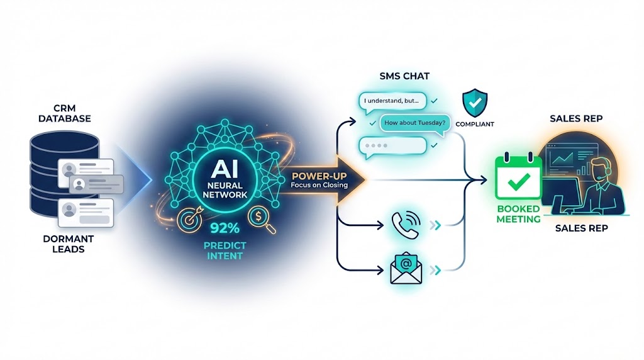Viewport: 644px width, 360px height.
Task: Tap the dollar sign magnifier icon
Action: (259, 217)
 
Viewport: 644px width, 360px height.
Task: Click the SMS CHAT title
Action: (404, 76)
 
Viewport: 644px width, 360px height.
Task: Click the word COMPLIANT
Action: (475, 125)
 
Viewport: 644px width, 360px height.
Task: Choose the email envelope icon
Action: (406, 269)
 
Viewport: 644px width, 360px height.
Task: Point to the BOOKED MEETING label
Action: (518, 214)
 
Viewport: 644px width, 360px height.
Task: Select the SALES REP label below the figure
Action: (581, 228)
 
